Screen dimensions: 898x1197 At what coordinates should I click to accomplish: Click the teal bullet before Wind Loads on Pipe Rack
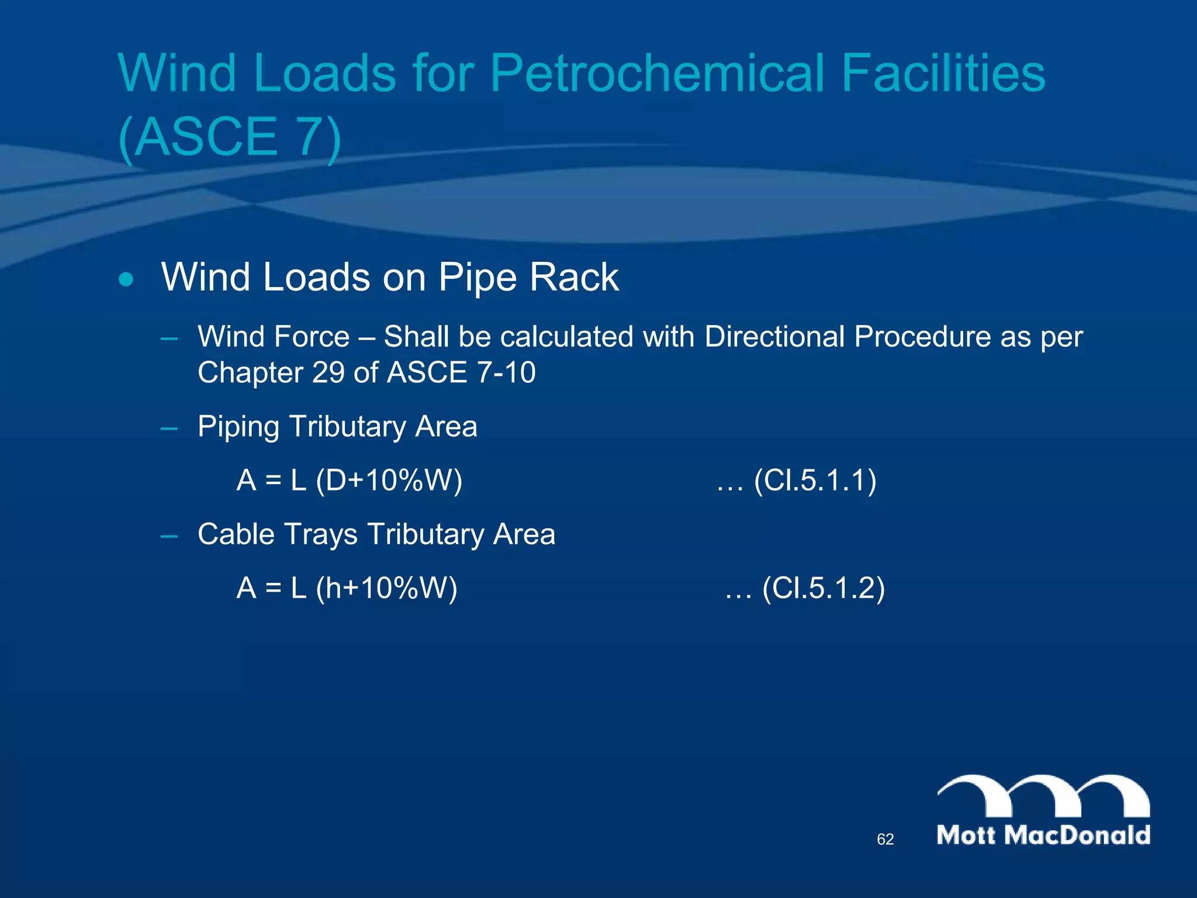[x=126, y=279]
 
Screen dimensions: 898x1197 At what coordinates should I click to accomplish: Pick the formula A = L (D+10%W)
[x=349, y=481]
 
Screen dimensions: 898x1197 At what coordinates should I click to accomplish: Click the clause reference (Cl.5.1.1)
[x=815, y=481]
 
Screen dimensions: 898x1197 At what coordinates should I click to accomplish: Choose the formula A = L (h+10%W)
[x=347, y=588]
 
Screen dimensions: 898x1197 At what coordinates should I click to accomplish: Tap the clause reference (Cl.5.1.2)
[x=823, y=588]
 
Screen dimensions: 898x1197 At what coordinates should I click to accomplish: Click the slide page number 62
[x=885, y=840]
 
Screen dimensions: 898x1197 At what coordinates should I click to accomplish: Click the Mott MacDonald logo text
[x=1043, y=835]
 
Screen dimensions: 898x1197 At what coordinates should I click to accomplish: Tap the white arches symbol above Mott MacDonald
[x=1043, y=795]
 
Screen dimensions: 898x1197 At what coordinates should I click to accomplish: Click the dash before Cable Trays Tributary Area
[x=169, y=535]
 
